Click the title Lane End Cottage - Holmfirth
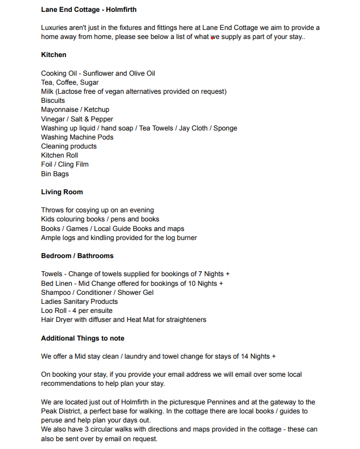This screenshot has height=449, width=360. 89,10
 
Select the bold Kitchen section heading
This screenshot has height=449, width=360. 54,55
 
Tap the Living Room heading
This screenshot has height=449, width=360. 62,192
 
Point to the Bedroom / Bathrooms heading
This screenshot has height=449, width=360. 77,256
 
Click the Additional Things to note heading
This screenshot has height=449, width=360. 83,338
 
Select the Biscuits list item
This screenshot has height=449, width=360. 53,101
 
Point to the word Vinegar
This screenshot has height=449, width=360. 53,119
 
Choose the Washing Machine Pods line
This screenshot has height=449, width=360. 77,137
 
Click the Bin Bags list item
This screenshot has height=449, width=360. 55,174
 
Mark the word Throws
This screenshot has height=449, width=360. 52,210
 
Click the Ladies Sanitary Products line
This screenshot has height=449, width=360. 79,302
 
